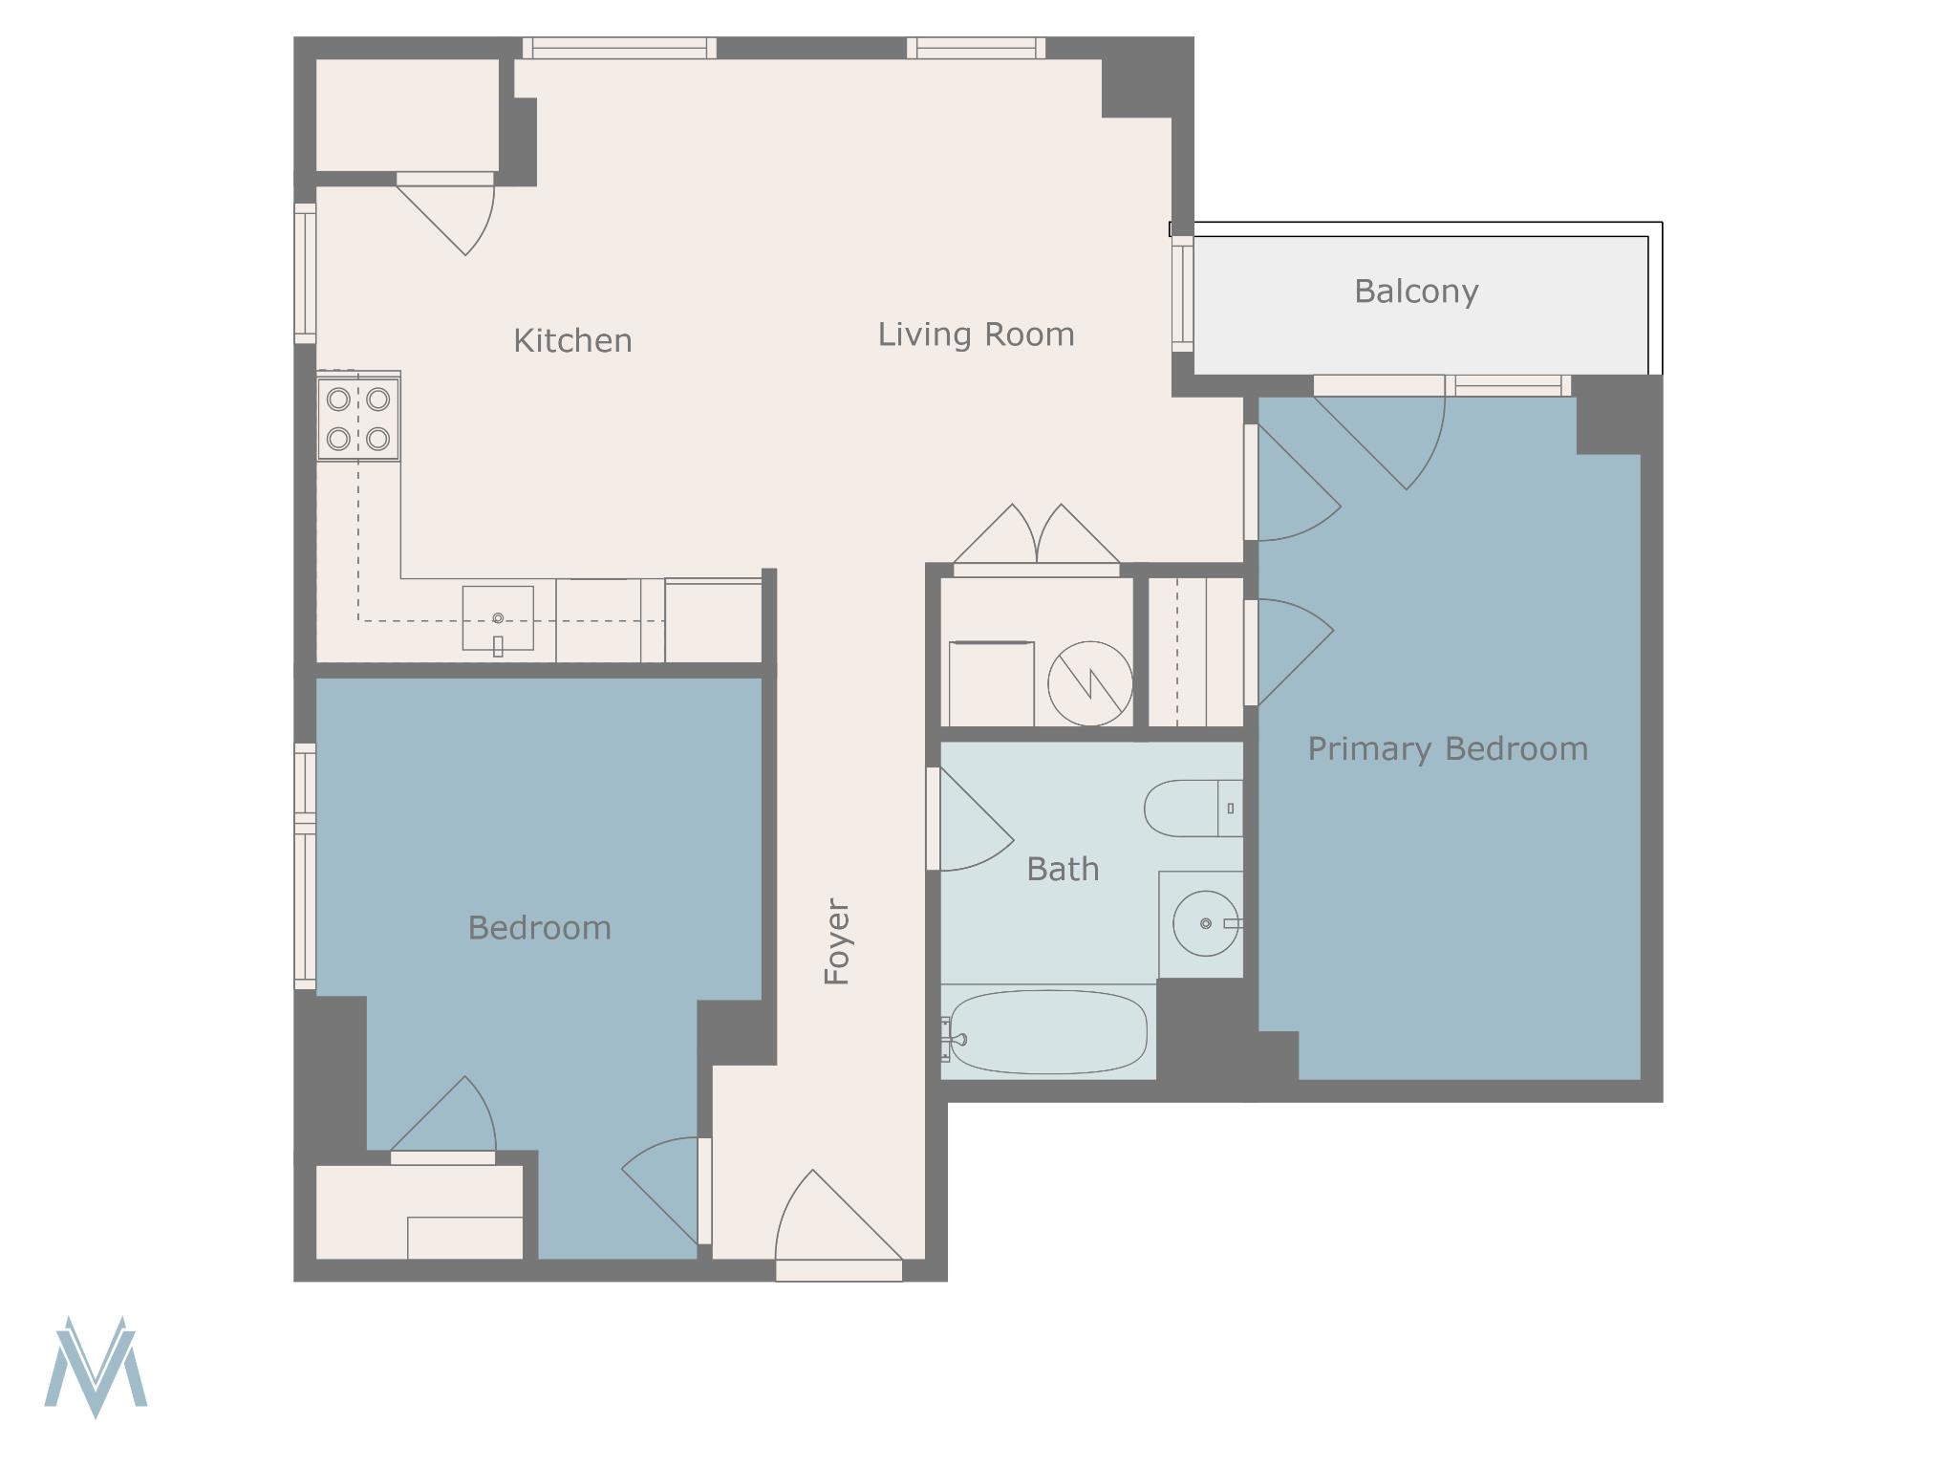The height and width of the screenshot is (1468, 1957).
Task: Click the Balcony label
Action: [1415, 291]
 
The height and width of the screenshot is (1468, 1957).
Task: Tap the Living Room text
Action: [976, 335]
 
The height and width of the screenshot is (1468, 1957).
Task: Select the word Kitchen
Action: [572, 341]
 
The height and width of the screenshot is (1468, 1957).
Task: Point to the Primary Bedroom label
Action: [1447, 749]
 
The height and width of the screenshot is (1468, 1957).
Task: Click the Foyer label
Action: [837, 941]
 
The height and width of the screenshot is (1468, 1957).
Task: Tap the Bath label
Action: [1063, 870]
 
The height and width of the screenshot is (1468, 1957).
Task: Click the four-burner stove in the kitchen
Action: [358, 419]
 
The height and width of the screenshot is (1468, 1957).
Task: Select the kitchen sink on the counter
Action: [498, 618]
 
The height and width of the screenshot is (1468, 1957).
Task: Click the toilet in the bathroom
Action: [1190, 809]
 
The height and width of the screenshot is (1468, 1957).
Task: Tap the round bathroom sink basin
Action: [1205, 923]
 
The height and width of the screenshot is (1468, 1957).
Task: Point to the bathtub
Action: [1048, 1032]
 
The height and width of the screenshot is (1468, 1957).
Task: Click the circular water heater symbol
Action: [1090, 683]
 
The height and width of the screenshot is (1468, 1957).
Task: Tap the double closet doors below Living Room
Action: [1037, 540]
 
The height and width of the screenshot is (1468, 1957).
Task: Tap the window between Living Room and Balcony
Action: [1182, 293]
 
